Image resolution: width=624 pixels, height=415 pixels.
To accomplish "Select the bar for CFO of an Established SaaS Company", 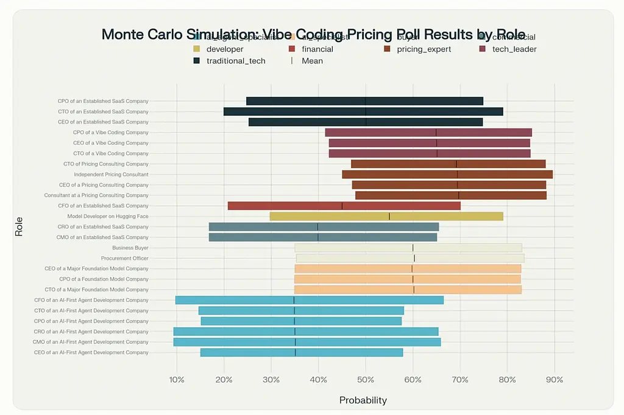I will (344, 206).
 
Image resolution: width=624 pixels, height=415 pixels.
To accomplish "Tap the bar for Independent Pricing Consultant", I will (447, 174).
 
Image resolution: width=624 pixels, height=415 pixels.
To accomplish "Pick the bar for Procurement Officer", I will (410, 258).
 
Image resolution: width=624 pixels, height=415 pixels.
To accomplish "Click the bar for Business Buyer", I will (408, 248).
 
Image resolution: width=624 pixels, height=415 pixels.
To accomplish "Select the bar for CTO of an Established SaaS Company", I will (363, 111).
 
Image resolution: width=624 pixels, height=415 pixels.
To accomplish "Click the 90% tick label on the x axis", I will (554, 380).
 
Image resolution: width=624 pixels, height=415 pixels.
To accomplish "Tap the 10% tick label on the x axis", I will (177, 380).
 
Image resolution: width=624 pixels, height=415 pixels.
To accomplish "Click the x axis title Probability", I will (363, 400).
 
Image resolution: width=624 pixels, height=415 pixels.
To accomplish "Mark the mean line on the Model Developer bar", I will (389, 216).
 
